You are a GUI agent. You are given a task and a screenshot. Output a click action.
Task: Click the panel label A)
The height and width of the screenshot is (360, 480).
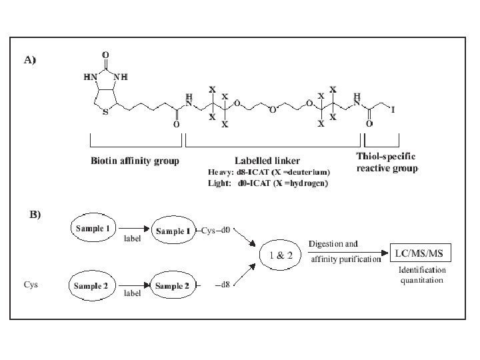30,60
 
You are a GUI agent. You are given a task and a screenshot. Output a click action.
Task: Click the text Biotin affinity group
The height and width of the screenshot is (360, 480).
135,161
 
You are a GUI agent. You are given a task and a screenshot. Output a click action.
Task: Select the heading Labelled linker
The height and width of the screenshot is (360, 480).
267,161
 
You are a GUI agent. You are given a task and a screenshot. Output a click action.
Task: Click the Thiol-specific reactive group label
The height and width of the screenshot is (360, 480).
387,161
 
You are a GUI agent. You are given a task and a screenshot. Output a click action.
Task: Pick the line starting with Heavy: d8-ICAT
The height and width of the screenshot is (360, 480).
269,173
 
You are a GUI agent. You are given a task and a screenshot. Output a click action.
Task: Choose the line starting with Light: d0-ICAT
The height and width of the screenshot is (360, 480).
268,183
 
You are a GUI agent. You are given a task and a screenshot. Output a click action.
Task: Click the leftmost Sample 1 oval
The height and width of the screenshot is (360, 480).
93,228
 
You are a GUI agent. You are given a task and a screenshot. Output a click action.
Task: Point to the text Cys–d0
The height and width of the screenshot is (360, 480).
215,231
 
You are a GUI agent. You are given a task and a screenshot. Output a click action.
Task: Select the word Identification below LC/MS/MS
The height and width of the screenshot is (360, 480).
423,270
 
